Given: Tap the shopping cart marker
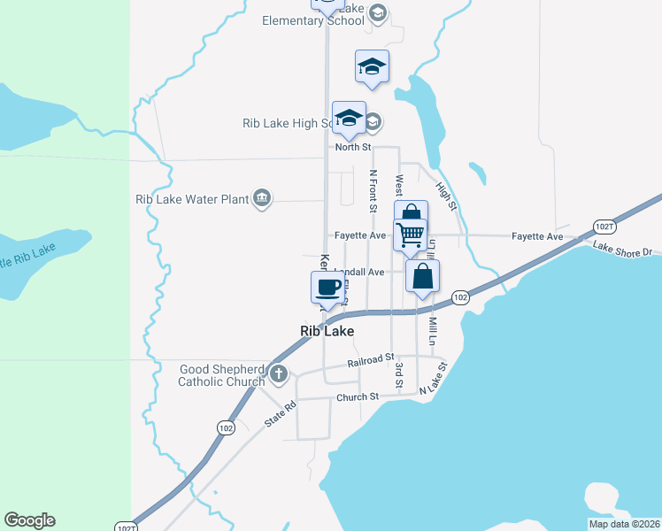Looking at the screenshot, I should click(x=411, y=235).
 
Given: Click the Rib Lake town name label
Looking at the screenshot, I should click(x=327, y=331).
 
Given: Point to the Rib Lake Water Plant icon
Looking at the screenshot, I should click(x=262, y=198).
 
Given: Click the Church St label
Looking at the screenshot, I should click(x=357, y=397).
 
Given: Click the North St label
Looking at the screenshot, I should click(x=352, y=147).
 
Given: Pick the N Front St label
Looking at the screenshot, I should click(x=373, y=191).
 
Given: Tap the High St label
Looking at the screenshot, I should click(x=445, y=196).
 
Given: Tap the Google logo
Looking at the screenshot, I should click(x=29, y=520).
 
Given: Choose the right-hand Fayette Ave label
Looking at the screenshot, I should click(x=537, y=236).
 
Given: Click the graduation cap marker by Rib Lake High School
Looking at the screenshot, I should click(x=349, y=119).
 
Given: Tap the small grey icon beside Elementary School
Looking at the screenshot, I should click(x=378, y=12).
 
